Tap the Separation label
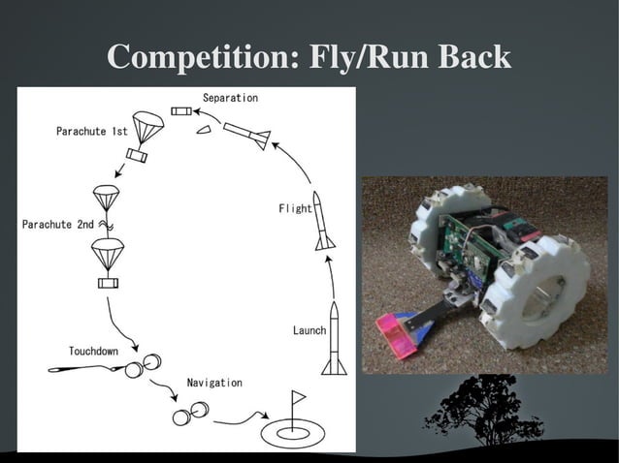point(230,99)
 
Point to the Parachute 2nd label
point(58,225)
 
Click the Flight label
point(296,208)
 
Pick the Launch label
point(309,331)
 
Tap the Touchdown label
point(94,350)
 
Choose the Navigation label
point(214,384)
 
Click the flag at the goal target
point(297,397)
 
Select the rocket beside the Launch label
point(333,338)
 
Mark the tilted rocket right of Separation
point(246,135)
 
